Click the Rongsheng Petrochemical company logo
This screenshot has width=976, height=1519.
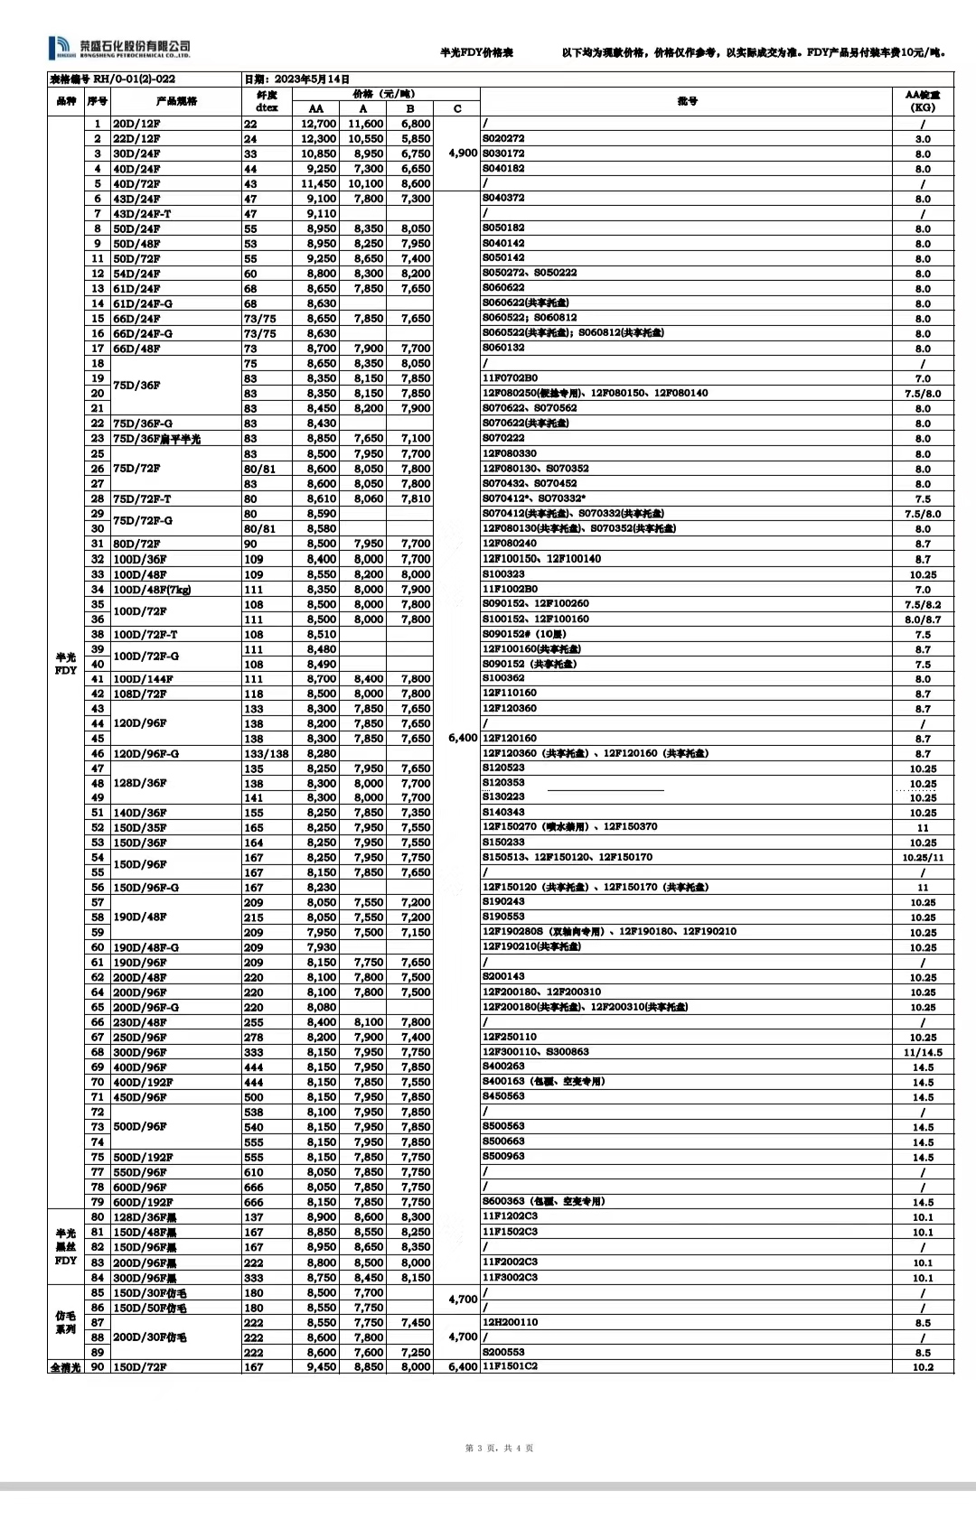pos(119,48)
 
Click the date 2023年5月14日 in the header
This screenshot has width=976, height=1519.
pos(297,79)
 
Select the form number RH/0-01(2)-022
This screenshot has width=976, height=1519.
pos(112,79)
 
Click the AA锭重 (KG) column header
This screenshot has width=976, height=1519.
pos(922,100)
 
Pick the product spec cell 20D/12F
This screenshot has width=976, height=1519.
pos(136,124)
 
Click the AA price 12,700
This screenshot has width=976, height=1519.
pos(318,124)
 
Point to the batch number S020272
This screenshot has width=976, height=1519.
pos(503,139)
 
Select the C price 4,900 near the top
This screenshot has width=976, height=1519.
pos(462,154)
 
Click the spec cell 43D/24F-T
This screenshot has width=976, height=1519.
pos(142,214)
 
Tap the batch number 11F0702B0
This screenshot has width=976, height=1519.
pos(510,378)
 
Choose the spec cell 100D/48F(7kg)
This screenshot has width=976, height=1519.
pos(152,590)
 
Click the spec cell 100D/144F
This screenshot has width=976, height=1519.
pos(143,679)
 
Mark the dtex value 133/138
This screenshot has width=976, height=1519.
pos(267,754)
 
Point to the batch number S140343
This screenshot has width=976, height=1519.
pos(503,813)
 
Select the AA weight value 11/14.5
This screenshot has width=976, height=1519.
pos(922,1053)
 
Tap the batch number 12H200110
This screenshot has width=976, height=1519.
pos(510,1322)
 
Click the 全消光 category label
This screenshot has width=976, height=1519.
pos(66,1367)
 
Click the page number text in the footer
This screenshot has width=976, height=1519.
pos(499,1449)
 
